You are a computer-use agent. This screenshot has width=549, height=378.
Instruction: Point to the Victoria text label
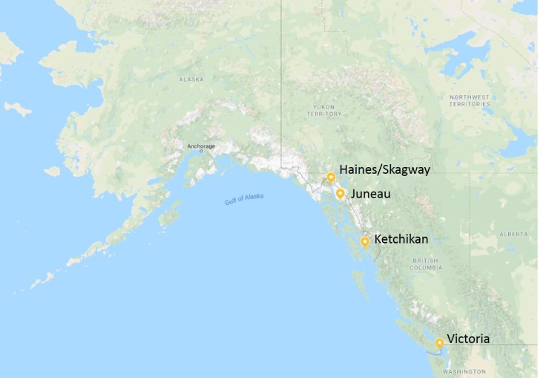point(468,339)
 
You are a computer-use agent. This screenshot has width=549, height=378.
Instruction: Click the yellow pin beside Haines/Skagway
point(331,177)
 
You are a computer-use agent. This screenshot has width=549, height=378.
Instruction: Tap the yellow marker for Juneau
point(340,194)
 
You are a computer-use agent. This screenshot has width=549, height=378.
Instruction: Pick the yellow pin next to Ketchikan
point(365,241)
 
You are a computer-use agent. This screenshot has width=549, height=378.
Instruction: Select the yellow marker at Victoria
point(440,343)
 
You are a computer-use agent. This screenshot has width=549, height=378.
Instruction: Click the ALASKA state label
point(191,79)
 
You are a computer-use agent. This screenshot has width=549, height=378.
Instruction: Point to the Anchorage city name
point(201,146)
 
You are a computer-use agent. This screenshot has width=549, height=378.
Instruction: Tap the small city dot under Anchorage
point(201,151)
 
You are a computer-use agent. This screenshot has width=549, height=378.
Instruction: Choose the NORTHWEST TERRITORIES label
point(471,100)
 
